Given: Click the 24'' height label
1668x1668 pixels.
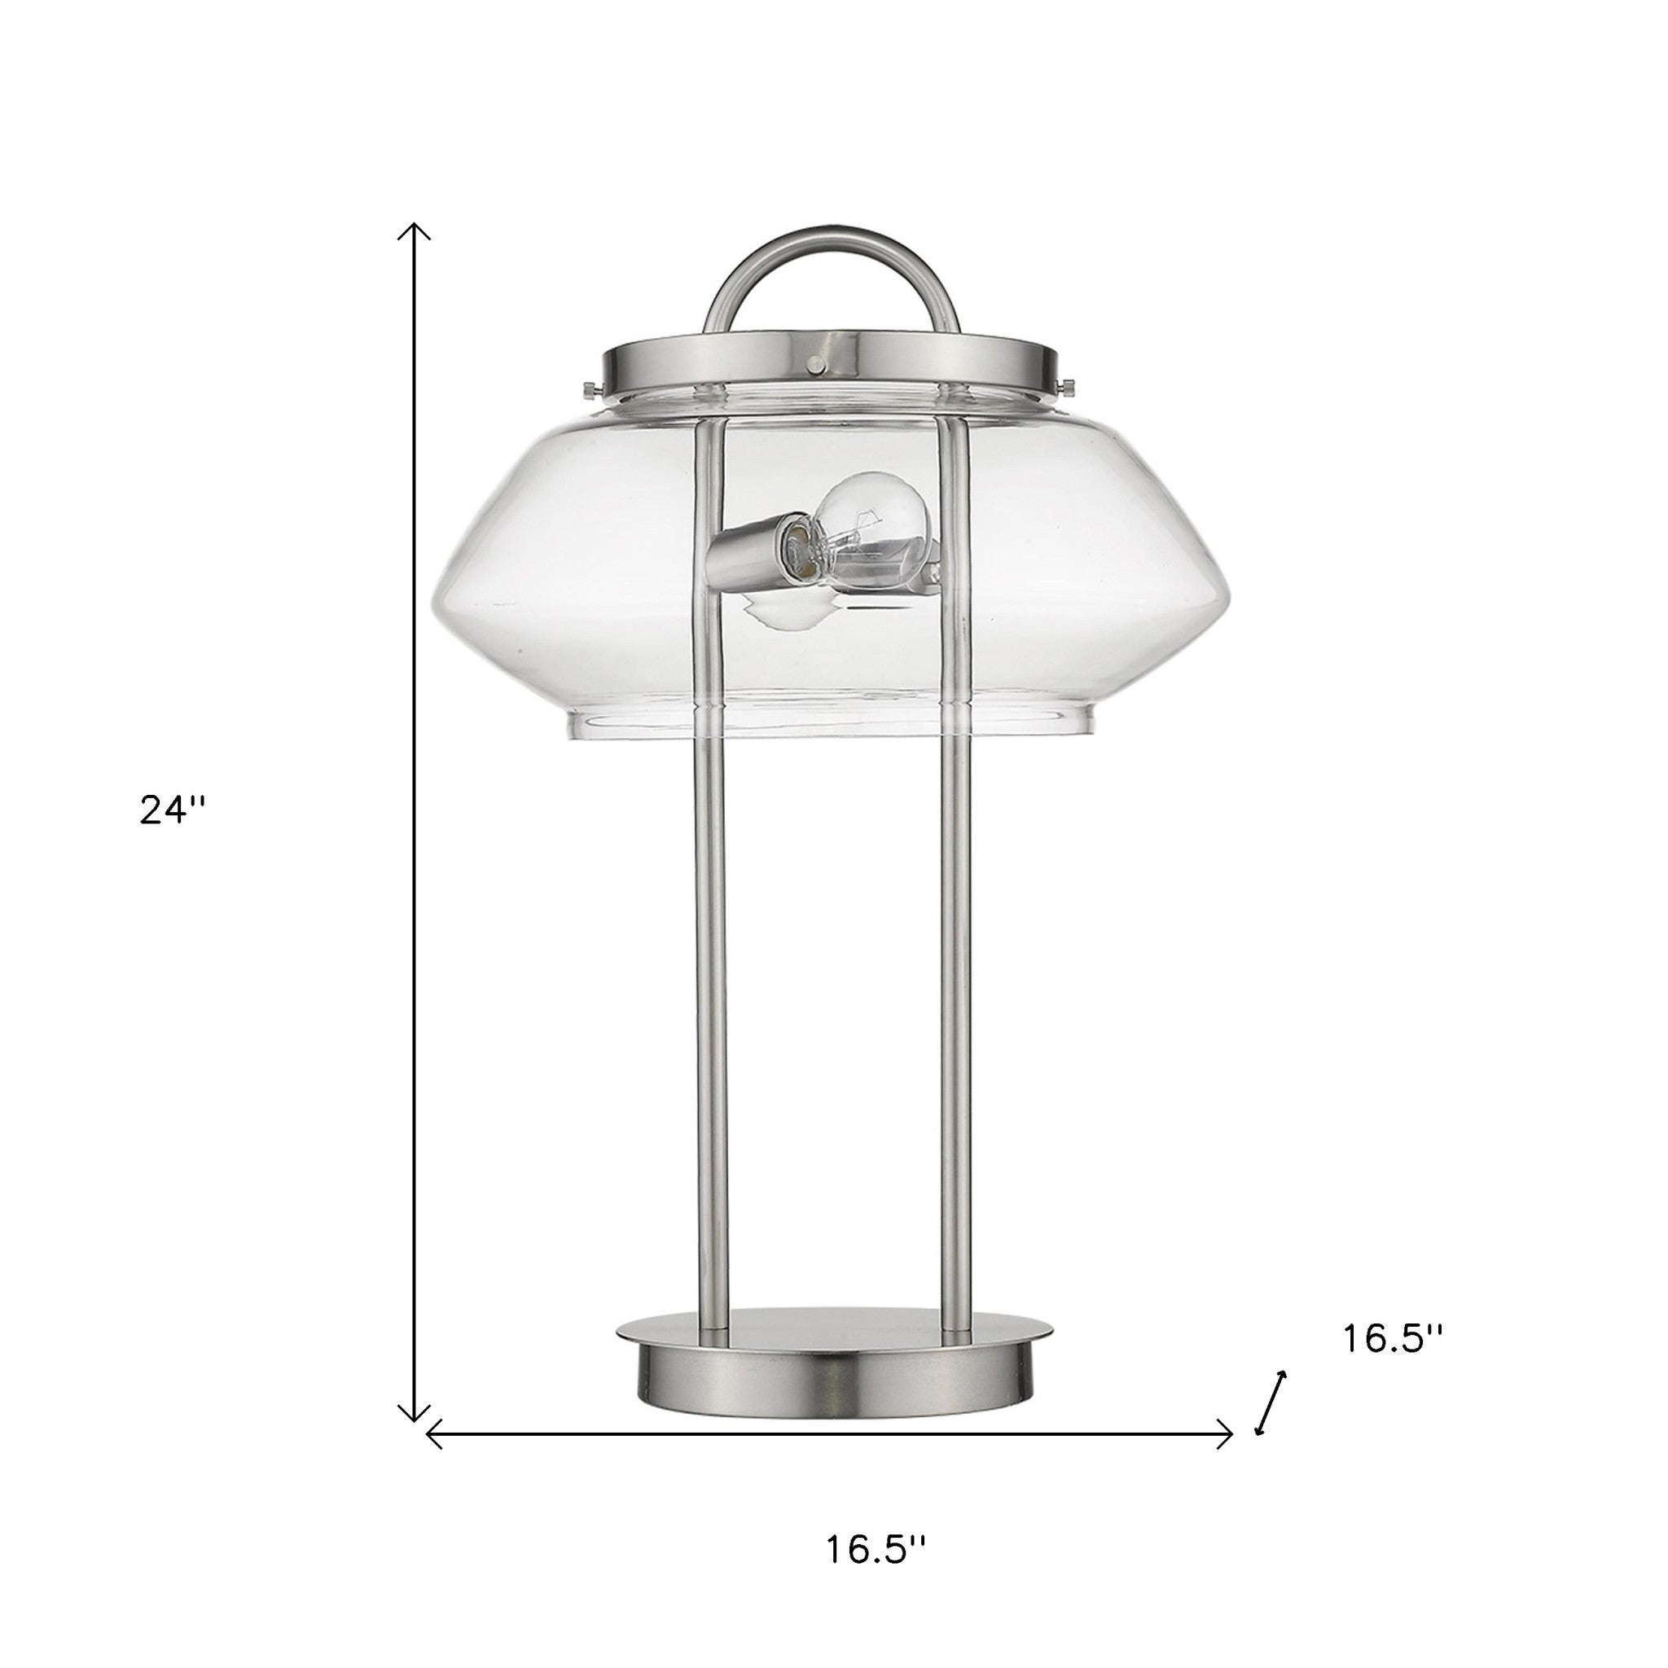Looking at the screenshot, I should (172, 810).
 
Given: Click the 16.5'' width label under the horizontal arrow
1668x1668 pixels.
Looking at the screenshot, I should (875, 1550).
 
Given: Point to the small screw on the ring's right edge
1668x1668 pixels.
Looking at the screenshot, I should (1068, 384).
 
